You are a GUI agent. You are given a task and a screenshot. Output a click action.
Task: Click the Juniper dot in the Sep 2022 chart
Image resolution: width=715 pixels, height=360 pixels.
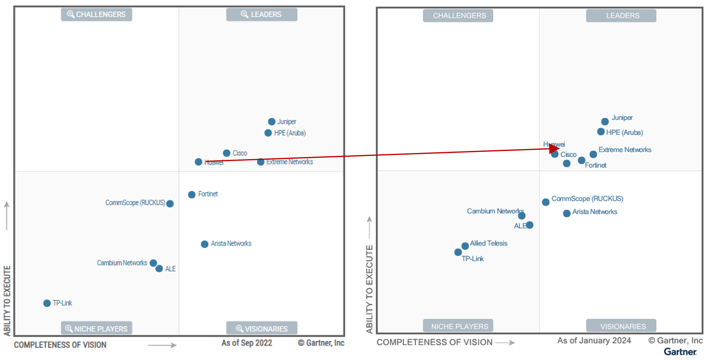[272, 122]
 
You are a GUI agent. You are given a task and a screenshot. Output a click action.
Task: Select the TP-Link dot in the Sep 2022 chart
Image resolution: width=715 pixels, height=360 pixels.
[47, 303]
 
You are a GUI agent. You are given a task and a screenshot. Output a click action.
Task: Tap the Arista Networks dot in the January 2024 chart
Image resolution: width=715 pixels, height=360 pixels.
[567, 213]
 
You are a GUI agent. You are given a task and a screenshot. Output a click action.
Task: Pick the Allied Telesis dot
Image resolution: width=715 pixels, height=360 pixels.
[465, 246]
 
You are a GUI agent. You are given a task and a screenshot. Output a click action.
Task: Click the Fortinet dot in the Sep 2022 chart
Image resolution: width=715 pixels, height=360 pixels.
[192, 195]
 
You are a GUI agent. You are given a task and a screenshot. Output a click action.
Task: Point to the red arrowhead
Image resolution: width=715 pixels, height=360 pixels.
[554, 149]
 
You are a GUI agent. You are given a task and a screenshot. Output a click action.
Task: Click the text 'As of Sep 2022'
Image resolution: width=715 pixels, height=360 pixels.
[246, 343]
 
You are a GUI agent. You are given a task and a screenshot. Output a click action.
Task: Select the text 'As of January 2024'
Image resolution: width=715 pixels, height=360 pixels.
[594, 341]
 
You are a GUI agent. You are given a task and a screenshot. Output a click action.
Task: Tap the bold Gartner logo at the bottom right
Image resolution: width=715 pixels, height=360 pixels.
[680, 352]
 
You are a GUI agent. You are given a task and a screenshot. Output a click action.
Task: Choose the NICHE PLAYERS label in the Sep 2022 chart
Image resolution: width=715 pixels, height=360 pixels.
[97, 328]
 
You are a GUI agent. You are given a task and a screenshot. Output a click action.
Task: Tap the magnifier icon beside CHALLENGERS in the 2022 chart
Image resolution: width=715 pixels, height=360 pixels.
[71, 14]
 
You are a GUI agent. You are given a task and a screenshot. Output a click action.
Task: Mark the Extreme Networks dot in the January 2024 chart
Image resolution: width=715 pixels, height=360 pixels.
[593, 154]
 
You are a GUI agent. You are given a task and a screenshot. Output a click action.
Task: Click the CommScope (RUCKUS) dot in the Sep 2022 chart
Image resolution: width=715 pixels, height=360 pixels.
[170, 204]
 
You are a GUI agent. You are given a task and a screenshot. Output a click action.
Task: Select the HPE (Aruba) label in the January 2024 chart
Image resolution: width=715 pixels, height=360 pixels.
[624, 132]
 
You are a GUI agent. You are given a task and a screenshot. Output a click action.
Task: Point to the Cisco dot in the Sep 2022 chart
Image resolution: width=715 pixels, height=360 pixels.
[227, 153]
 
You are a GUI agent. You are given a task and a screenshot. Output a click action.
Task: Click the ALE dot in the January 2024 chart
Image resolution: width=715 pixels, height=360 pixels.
[530, 225]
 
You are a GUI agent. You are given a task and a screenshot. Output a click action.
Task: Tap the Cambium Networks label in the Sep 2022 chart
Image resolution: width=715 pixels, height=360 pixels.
[122, 263]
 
